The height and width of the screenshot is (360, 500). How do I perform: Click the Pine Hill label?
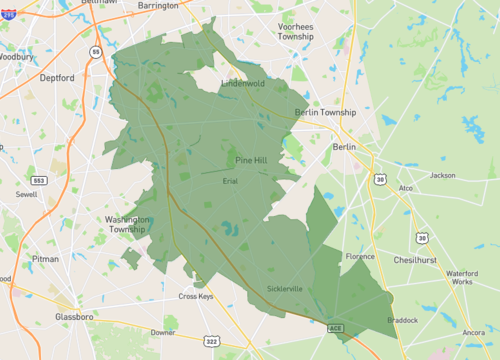point(251,160)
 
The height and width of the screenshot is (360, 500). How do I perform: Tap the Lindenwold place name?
point(243,84)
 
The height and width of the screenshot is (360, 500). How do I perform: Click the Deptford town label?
point(58,77)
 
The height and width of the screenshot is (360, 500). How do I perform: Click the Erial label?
point(230,181)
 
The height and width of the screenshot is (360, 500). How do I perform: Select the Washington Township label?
point(128,224)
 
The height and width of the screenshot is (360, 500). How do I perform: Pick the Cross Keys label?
point(196,296)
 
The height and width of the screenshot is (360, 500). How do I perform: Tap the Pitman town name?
point(45,258)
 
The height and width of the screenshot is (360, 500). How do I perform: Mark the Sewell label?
point(27,195)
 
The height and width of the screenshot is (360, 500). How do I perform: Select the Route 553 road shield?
point(38,180)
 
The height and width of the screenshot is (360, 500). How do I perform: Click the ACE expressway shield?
point(334,325)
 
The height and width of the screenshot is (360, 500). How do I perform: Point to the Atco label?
point(406,187)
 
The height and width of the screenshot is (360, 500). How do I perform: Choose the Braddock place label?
point(403,320)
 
